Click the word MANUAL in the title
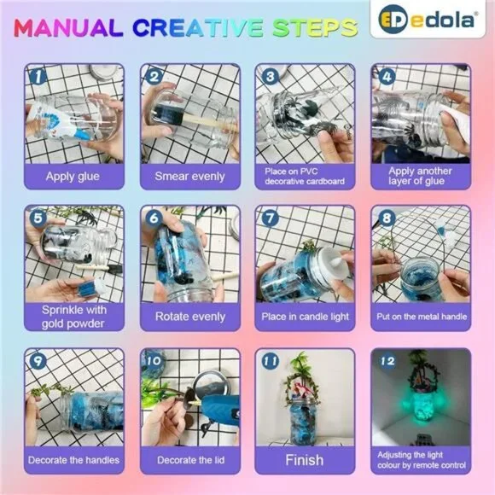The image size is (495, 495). pos(68,27)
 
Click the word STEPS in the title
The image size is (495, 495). pos(315,27)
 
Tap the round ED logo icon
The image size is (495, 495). pos(393,20)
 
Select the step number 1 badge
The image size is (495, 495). pos(38,77)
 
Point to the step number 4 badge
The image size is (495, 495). pos(387,77)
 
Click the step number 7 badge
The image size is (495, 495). pos(271,218)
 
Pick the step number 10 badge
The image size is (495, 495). pos(154,361)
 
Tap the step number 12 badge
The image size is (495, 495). pos(387,361)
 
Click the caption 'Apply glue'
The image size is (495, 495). pos(73,177)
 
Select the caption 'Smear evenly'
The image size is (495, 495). pos(189,177)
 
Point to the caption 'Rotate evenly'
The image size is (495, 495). pos(190,317)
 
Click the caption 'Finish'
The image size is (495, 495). pos(305,460)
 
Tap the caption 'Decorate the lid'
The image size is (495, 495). pos(190,460)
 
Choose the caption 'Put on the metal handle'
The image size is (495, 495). pos(422,317)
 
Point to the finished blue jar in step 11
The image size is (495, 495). pos(302,420)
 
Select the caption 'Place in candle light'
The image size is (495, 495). pos(305,317)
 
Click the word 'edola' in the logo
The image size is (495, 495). pos(443,20)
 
